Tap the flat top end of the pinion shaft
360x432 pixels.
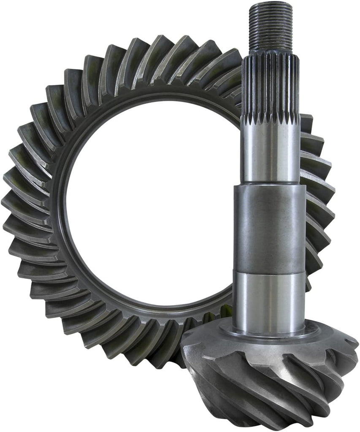271,5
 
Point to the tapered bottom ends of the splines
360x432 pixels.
271,120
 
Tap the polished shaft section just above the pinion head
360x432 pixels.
269,300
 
